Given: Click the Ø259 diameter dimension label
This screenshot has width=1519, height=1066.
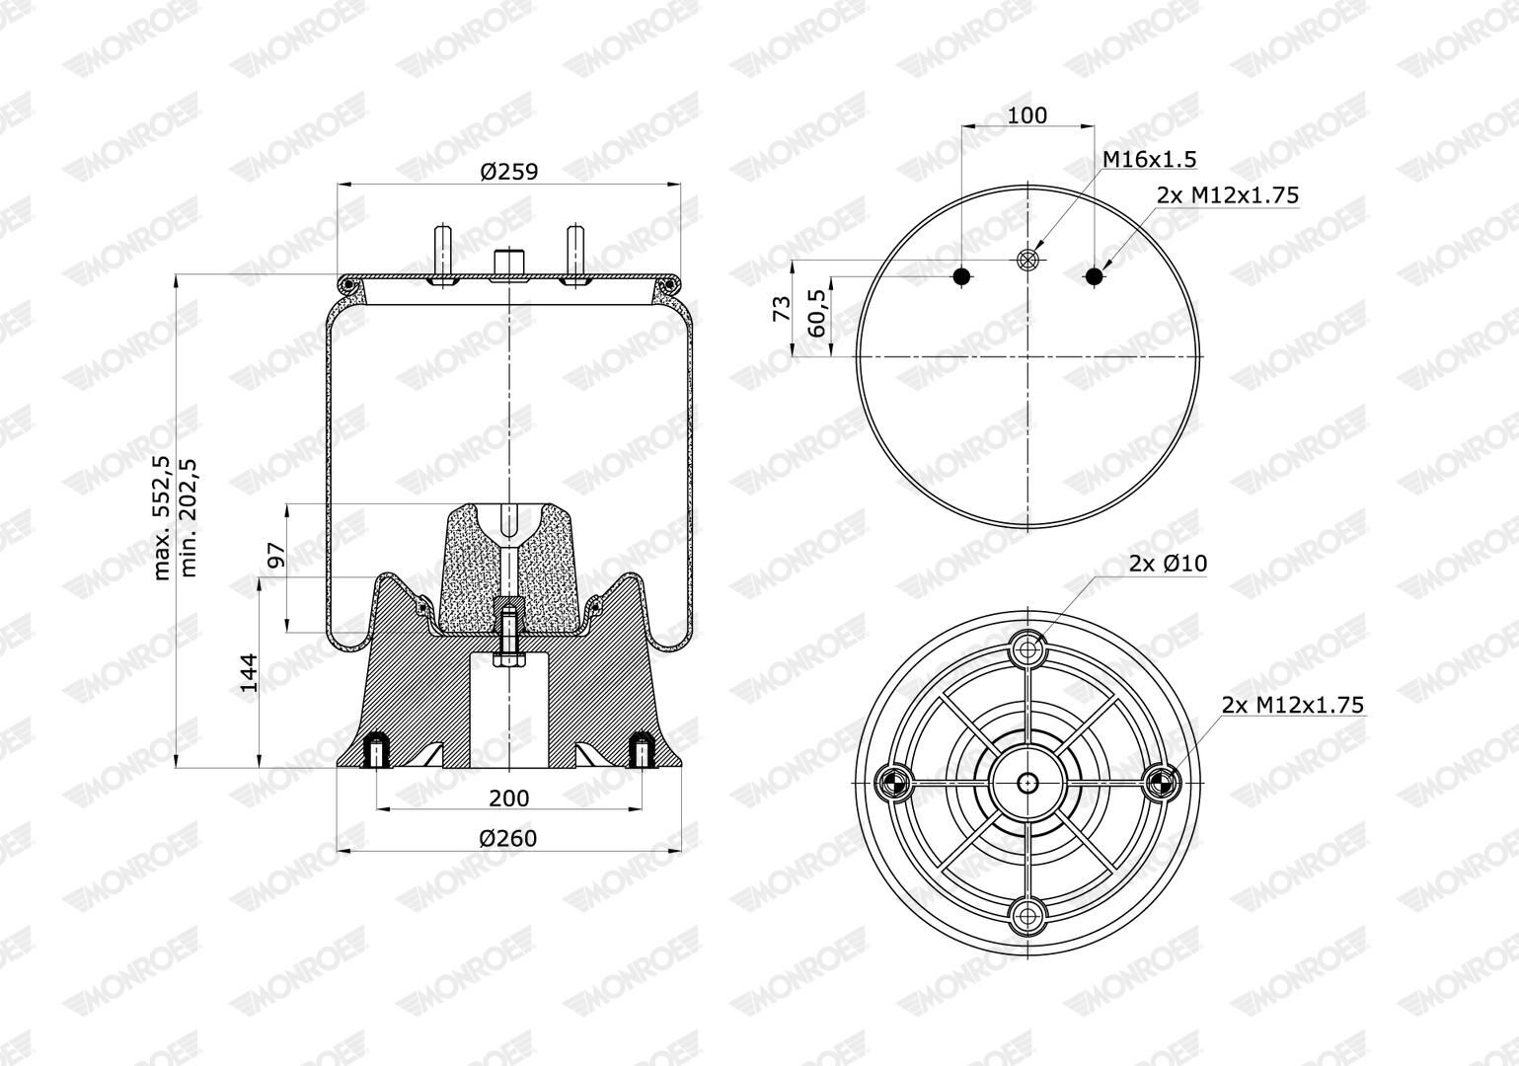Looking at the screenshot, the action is (x=508, y=172).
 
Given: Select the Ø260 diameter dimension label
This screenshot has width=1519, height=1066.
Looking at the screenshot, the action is (x=508, y=839).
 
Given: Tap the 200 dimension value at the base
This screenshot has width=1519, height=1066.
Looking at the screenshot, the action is (x=508, y=799).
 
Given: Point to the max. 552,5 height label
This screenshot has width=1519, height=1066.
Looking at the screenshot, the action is (x=162, y=518).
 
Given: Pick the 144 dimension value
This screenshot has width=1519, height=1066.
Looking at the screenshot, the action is (x=249, y=673).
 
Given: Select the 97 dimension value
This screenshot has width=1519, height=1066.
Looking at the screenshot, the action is (x=276, y=556).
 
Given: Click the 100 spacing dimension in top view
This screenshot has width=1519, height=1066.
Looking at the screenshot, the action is (x=1026, y=115).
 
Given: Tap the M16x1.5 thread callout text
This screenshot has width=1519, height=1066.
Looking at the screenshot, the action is (x=1150, y=159).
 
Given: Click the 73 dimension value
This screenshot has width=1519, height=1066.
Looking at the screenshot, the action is (x=782, y=309).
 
